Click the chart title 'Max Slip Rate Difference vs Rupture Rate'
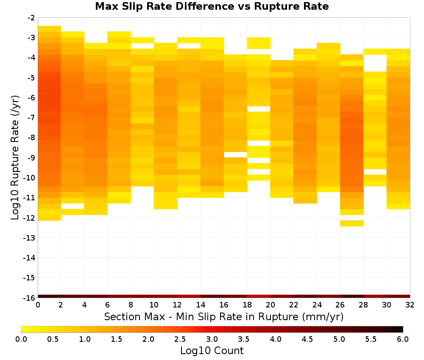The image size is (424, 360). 212,6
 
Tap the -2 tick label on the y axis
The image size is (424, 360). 31,18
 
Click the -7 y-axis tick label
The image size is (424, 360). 31,118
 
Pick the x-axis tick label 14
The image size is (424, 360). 201,305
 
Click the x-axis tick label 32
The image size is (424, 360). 410,305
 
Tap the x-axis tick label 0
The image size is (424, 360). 38,305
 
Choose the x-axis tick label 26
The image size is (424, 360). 340,305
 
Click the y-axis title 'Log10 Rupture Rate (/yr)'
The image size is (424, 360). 15,158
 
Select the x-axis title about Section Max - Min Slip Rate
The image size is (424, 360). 224,317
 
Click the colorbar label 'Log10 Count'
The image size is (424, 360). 212,351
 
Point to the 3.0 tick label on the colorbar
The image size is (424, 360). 212,339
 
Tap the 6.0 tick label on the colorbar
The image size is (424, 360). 403,339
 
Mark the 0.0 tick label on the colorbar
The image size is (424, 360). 21,339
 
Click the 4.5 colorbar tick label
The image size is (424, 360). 307,339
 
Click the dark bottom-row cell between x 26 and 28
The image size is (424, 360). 352,296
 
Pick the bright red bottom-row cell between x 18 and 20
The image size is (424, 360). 259,296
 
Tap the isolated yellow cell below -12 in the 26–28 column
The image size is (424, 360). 352,223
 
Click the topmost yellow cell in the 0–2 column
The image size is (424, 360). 50,29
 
